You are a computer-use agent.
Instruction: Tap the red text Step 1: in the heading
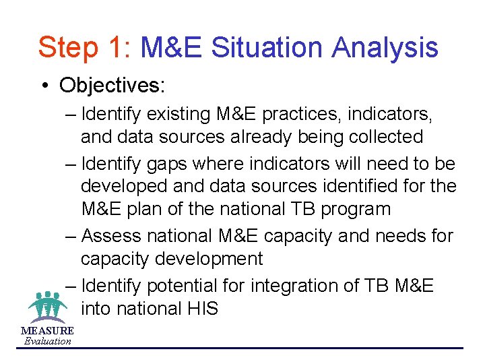[86, 48]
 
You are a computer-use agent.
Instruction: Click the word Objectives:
[114, 85]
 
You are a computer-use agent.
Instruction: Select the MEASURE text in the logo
[47, 331]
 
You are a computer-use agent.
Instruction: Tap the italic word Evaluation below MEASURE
[47, 341]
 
